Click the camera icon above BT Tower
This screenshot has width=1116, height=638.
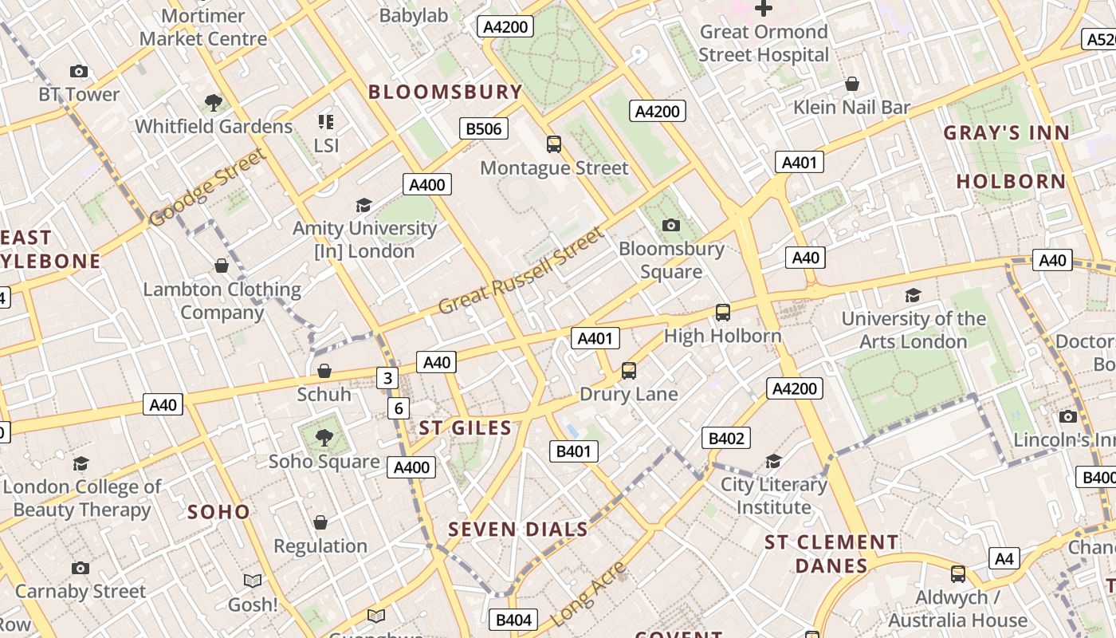tap(78, 72)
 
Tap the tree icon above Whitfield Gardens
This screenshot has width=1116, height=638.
tap(213, 102)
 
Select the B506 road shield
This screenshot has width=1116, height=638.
tap(484, 128)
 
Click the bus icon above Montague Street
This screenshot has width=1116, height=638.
tap(554, 144)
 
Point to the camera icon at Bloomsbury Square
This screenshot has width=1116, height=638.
tap(671, 226)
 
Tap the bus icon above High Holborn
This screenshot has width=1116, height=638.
tap(722, 313)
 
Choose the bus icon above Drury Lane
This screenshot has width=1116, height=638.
tap(629, 371)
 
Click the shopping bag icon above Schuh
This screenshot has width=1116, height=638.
tap(324, 371)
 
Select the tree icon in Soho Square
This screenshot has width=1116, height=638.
tap(324, 437)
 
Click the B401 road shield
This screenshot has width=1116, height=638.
tap(573, 451)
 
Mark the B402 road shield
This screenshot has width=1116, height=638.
tap(726, 438)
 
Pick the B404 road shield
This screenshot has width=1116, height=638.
tap(513, 620)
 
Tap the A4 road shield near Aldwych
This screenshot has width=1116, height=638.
tap(1004, 558)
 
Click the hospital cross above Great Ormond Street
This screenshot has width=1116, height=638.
tap(764, 9)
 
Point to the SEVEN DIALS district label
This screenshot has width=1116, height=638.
tap(518, 529)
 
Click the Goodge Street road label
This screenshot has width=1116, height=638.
tap(207, 187)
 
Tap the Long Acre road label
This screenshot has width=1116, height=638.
tap(589, 594)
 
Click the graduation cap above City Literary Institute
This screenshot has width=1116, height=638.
tap(773, 461)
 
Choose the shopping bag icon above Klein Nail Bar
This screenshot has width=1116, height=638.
tap(852, 84)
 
